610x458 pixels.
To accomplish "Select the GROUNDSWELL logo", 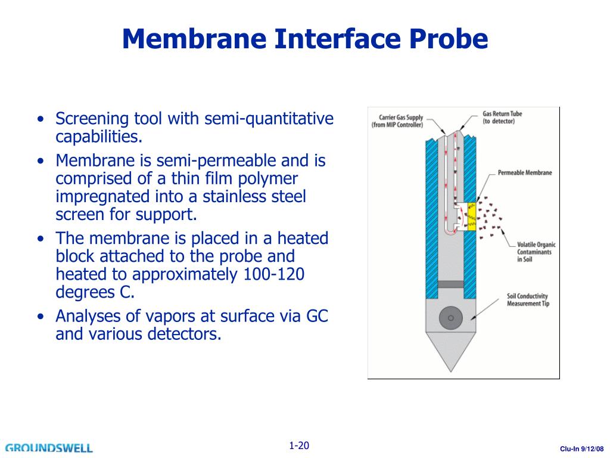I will [x=49, y=447].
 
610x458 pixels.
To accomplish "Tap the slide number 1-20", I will [x=299, y=445].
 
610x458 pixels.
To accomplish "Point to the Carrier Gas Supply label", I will [x=398, y=120].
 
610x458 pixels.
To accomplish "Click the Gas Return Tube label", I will [x=502, y=117].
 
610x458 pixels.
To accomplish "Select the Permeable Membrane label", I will [x=525, y=173].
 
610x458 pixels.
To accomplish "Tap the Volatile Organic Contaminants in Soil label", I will [x=534, y=252].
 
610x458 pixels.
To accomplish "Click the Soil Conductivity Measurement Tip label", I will [x=527, y=300].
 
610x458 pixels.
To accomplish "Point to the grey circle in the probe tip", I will [x=450, y=318].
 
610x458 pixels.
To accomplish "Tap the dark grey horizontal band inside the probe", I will [x=450, y=284].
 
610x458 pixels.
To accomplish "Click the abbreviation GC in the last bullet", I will [x=317, y=316].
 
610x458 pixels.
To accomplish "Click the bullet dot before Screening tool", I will [x=40, y=119].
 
